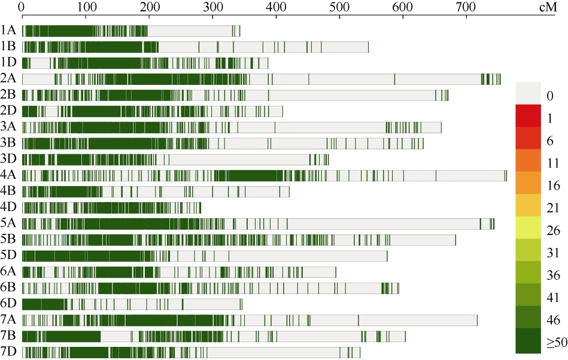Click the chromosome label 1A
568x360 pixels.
[x=8, y=30]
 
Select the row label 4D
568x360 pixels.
[x=8, y=208]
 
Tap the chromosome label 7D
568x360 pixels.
[x=8, y=351]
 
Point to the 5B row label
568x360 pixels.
[x=8, y=239]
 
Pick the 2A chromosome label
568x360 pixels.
[x=8, y=78]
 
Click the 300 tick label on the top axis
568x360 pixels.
[x=213, y=7]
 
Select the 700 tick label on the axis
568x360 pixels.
[x=466, y=7]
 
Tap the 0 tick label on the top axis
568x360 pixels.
[x=22, y=7]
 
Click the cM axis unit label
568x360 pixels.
[x=548, y=7]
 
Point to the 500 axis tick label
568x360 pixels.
[x=339, y=7]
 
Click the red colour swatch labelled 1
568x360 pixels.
[x=528, y=116]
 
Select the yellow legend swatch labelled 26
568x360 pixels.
[x=528, y=228]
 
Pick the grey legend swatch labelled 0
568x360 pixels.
[x=528, y=93]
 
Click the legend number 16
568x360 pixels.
[x=554, y=185]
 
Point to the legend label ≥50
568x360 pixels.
[x=557, y=343]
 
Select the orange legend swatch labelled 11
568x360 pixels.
[x=528, y=161]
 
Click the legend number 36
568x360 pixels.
[x=554, y=275]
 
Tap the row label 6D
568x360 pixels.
[x=8, y=303]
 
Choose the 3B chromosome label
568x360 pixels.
[x=8, y=143]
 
